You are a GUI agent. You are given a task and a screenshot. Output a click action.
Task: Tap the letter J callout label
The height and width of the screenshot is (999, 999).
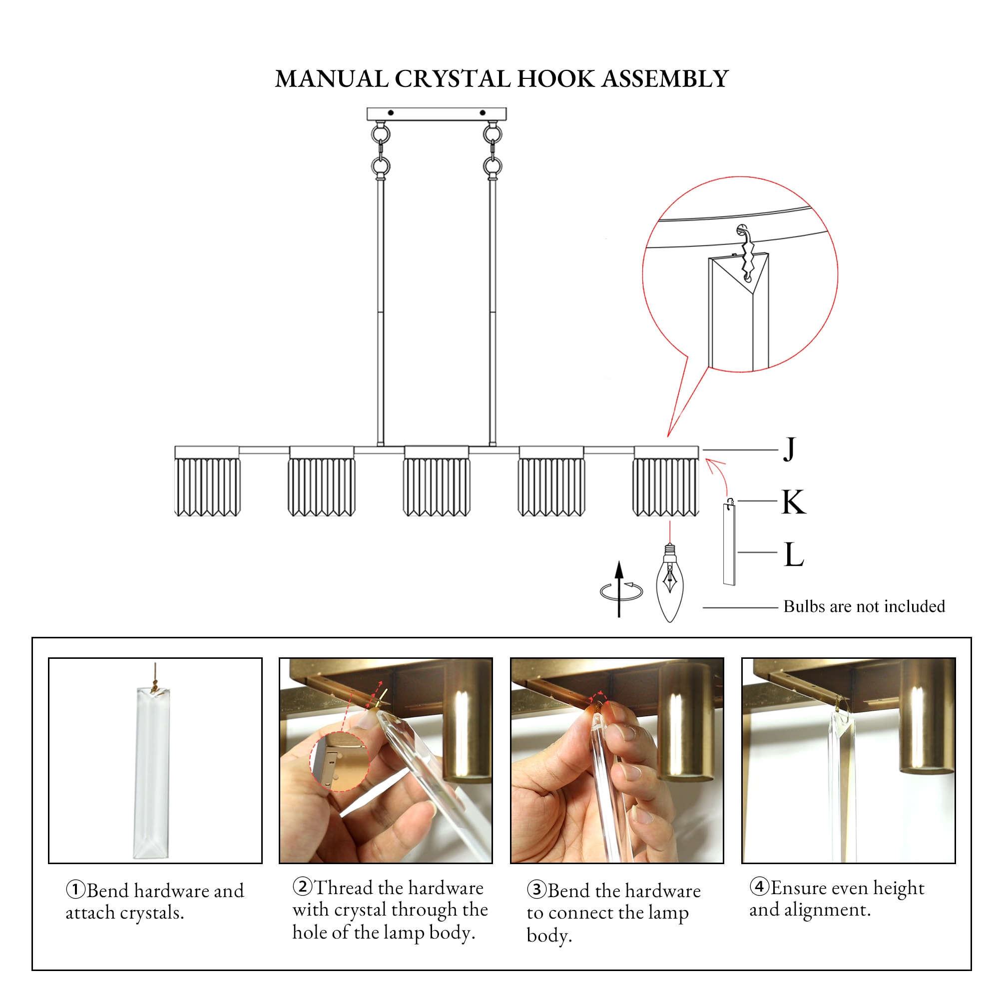[x=789, y=449]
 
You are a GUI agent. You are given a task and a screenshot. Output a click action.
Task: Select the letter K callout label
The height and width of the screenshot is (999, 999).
[x=793, y=502]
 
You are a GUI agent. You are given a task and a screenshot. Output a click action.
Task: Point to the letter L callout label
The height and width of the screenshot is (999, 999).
[x=794, y=555]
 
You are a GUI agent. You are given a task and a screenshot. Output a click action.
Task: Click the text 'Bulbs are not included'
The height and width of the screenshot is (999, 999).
[x=864, y=606]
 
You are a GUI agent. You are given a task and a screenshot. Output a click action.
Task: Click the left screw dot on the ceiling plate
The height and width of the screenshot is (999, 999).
[x=391, y=113]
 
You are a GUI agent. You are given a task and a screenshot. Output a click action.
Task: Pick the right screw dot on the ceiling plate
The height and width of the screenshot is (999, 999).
[x=483, y=113]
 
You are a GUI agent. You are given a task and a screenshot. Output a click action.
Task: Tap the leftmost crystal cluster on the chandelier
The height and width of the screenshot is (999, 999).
[x=207, y=486]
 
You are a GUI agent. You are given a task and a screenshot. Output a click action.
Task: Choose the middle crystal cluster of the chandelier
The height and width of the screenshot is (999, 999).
[x=437, y=486]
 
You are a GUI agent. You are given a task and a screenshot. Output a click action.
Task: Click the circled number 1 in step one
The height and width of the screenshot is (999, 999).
[x=75, y=890]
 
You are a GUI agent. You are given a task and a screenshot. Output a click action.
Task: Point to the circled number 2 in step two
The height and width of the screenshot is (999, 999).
[x=302, y=887]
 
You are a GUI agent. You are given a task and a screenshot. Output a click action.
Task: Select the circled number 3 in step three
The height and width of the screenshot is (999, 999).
[x=536, y=890]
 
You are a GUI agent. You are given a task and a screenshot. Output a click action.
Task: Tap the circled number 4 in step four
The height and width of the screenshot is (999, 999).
[x=759, y=887]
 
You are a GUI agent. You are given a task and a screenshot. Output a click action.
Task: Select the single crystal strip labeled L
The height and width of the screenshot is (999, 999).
[x=729, y=545]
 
